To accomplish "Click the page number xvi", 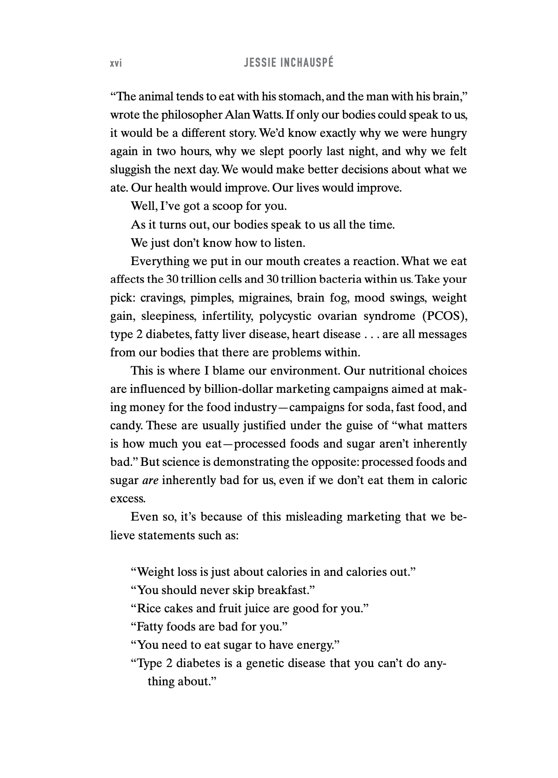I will pyautogui.click(x=116, y=63).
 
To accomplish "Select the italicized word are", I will pyautogui.click(x=150, y=480).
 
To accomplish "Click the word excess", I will pyautogui.click(x=127, y=498).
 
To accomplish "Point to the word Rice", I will pyautogui.click(x=148, y=608).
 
